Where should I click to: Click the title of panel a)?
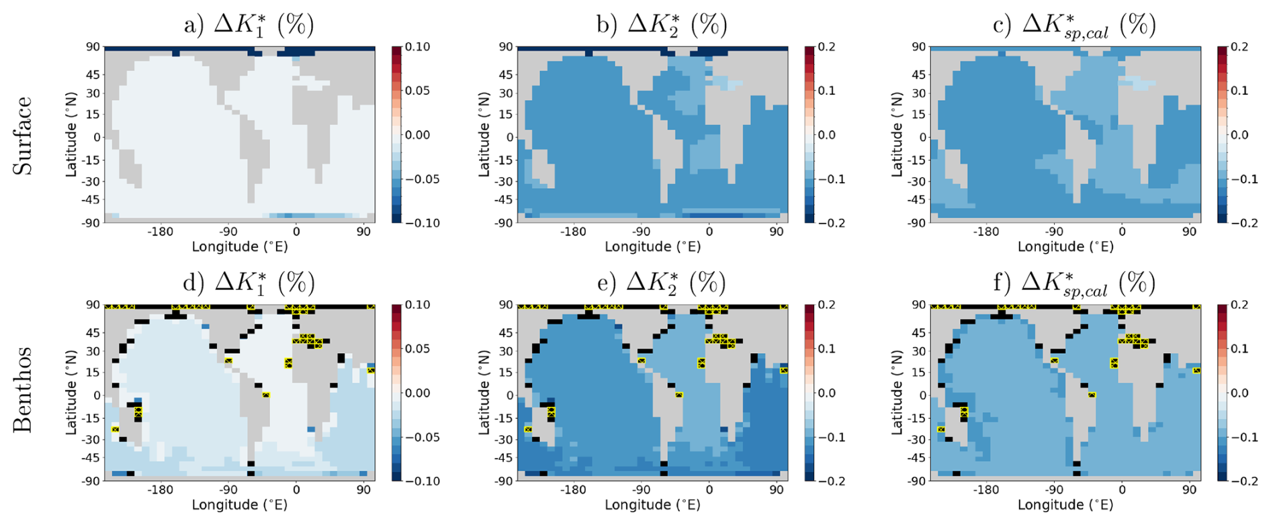coord(249,25)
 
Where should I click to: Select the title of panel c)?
coord(1073,26)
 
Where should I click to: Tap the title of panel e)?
coord(662,283)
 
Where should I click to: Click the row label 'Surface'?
coord(23,136)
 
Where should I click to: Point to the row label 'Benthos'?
coord(23,390)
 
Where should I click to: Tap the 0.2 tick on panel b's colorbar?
coord(826,47)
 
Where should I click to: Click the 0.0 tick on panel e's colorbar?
coord(826,393)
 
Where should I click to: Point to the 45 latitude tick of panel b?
coord(505,75)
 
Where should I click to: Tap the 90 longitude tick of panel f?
coord(1189,490)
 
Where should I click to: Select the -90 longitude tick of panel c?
coord(1053,232)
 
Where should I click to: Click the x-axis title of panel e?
coord(652,505)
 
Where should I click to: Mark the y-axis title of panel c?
coord(897,135)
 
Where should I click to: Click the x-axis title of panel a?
coord(240,247)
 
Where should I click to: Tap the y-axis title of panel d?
coord(71,393)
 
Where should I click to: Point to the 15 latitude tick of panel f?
coord(918,372)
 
